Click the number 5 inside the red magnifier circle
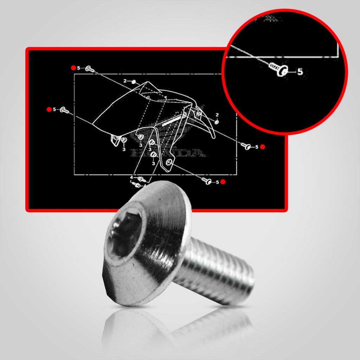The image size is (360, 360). tap(300, 71)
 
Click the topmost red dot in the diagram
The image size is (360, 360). tap(73, 67)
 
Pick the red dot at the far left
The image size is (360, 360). tap(49, 109)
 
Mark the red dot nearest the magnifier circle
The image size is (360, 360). tap(262, 147)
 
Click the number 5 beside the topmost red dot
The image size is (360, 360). tap(79, 68)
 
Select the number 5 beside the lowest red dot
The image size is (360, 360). tap(217, 182)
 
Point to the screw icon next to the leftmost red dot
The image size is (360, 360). tap(64, 110)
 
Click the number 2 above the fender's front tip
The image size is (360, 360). tap(125, 81)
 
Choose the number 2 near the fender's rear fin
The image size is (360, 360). tap(217, 115)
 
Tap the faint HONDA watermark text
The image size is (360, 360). tap(167, 153)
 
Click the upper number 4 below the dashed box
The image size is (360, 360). tap(131, 178)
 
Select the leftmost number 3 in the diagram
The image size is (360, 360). tap(124, 149)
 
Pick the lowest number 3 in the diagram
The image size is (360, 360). tap(153, 163)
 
